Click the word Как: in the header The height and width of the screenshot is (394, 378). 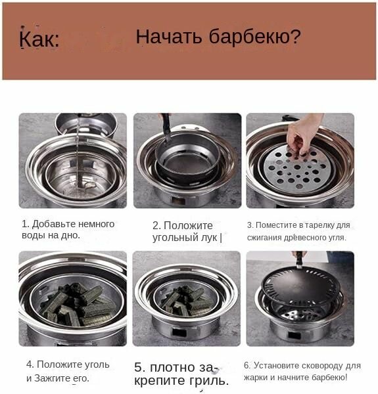pos(39,39)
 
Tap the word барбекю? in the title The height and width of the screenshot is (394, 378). pos(255,37)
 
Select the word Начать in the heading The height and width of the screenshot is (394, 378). pos(169,37)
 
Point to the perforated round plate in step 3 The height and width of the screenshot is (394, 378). pos(298,167)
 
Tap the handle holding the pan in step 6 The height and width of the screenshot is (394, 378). pos(299,260)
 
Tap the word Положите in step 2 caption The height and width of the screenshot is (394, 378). pos(188,225)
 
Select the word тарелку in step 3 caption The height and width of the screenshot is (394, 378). pos(319,225)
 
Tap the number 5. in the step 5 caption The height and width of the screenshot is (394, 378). pos(140,367)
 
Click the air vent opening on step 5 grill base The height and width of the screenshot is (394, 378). pos(179,333)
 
